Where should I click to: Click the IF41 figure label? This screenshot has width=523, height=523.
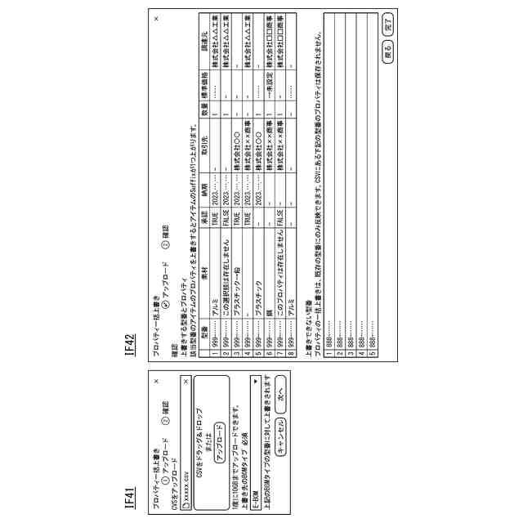pos(130,497)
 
